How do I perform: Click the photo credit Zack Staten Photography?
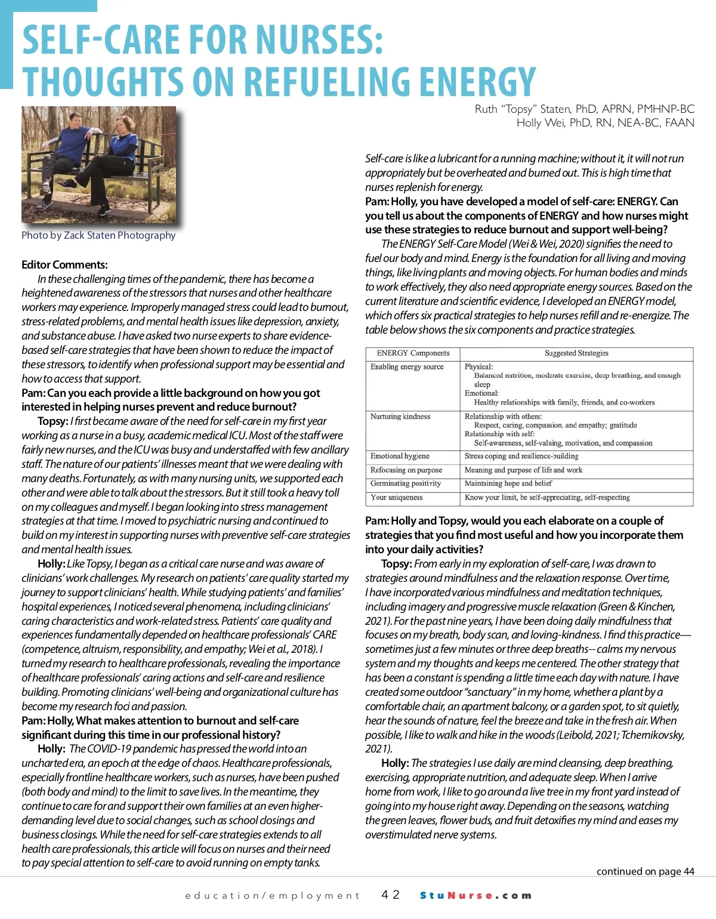coord(98,235)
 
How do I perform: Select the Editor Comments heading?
coord(64,264)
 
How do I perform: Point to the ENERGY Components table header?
coord(413,353)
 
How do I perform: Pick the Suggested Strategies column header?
coord(576,353)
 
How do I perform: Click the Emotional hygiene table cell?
coord(400,456)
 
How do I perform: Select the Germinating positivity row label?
coord(406,483)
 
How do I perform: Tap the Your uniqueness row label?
coord(396,497)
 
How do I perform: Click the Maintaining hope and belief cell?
coord(508,483)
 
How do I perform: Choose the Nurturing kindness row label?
coord(400,417)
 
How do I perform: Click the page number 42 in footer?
coord(391,895)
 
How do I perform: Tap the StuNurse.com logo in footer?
coord(476,895)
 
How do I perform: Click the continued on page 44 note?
coord(645,871)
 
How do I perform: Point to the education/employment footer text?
coord(273,896)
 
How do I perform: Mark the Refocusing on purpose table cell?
coord(406,470)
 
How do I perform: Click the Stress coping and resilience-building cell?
coord(521,456)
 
